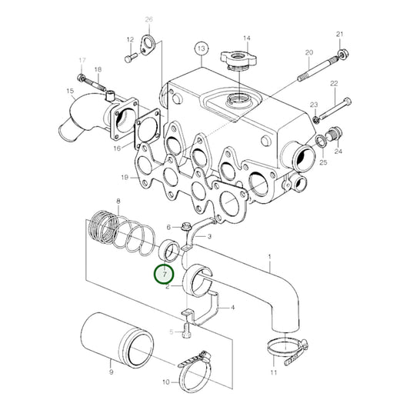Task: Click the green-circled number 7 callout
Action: [x=164, y=274]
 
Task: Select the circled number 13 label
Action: [x=202, y=48]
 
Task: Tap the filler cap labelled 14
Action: [x=238, y=61]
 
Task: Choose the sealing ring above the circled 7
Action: [x=169, y=251]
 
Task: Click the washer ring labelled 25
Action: [x=321, y=142]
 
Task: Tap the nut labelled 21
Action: [x=343, y=54]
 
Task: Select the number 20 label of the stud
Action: [x=309, y=52]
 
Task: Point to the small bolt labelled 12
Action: [x=131, y=57]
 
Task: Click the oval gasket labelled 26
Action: [x=148, y=45]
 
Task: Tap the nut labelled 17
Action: [x=81, y=78]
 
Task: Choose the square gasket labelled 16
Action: [x=147, y=129]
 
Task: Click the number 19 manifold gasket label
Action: [x=125, y=178]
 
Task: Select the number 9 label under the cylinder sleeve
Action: [x=111, y=372]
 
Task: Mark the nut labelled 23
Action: [x=315, y=119]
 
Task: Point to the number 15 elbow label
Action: [x=70, y=92]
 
